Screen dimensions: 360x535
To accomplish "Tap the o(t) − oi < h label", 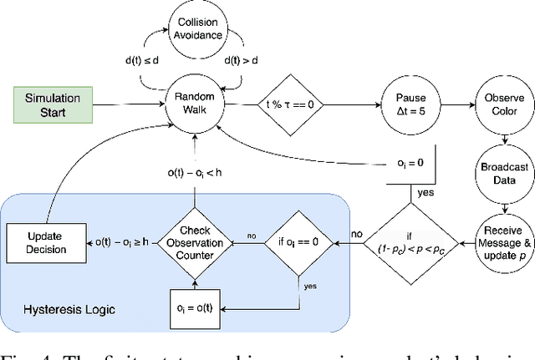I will coord(196,173).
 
